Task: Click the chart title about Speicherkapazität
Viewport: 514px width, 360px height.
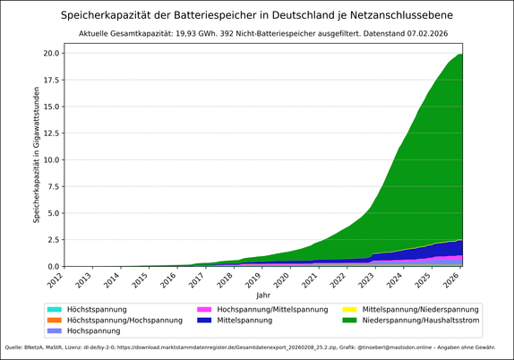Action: pyautogui.click(x=256, y=15)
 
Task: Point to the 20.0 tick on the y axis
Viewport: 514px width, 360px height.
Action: pyautogui.click(x=49, y=53)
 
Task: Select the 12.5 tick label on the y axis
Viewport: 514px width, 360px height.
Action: pyautogui.click(x=49, y=133)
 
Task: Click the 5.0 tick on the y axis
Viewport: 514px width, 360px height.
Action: pyautogui.click(x=52, y=213)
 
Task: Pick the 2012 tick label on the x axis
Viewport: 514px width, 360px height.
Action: pyautogui.click(x=56, y=281)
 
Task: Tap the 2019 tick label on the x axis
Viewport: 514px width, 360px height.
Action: pyautogui.click(x=253, y=281)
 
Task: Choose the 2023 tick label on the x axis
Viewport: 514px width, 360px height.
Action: pyautogui.click(x=366, y=281)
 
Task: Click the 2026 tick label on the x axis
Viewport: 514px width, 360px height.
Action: pyautogui.click(x=451, y=281)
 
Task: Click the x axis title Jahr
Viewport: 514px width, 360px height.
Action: pyautogui.click(x=262, y=295)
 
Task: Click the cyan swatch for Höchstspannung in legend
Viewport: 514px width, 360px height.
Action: pyautogui.click(x=56, y=309)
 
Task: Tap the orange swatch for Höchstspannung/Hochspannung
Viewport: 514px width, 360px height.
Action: pyautogui.click(x=56, y=320)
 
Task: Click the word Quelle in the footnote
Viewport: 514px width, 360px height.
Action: pyautogui.click(x=14, y=347)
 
